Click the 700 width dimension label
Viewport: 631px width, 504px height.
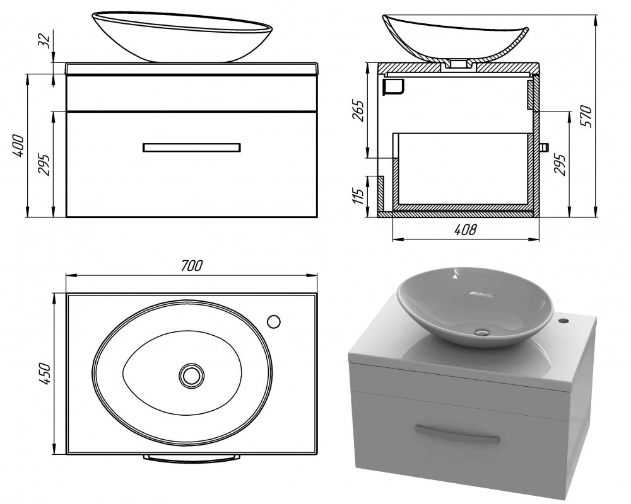coord(192,266)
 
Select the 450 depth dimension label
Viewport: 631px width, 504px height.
coord(45,374)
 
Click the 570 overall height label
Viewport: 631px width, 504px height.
coord(586,116)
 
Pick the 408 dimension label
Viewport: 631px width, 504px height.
coord(466,229)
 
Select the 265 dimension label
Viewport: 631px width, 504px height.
coord(358,110)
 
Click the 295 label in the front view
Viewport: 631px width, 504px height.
coord(44,164)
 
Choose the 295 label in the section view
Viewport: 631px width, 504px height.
coord(560,164)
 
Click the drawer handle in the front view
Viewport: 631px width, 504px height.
coord(192,147)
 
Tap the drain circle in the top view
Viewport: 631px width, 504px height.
coord(192,375)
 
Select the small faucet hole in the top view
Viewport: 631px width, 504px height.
coord(274,321)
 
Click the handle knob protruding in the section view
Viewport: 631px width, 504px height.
coord(544,147)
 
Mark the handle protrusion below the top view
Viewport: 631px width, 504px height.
coord(192,459)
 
